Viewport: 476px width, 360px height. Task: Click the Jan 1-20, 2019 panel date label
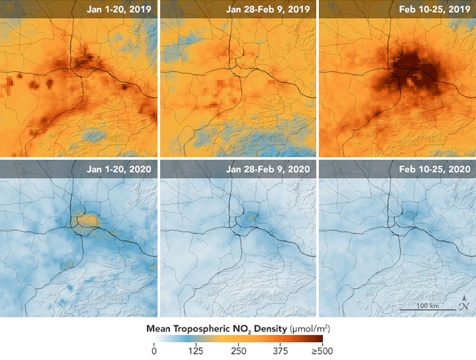(119, 9)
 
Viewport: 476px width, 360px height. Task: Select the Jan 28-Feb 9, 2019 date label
(268, 9)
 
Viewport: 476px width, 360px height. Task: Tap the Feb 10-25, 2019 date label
(435, 9)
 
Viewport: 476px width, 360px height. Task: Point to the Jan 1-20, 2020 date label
(119, 169)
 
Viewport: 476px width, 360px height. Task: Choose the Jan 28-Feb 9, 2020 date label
(268, 169)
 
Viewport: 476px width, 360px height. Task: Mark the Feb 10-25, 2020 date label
(435, 169)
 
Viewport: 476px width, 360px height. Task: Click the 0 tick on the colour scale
(154, 351)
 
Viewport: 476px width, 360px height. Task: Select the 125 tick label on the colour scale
(196, 351)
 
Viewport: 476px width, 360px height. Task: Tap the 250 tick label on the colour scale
(238, 351)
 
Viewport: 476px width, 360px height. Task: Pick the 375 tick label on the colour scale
(280, 351)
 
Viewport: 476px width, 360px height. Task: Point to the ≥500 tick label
(322, 351)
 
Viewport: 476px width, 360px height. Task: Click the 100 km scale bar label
(427, 306)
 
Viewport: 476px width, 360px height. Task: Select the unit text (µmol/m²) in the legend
(309, 329)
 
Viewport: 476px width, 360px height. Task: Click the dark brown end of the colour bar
(319, 339)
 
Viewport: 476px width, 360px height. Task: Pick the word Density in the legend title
(271, 329)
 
